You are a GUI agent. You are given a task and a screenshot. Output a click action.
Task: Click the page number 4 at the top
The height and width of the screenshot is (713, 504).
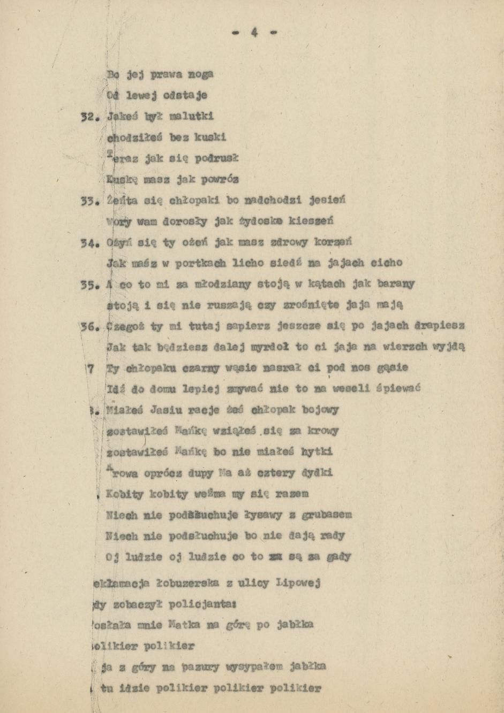point(254,33)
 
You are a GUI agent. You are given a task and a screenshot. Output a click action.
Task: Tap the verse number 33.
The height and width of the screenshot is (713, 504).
point(87,201)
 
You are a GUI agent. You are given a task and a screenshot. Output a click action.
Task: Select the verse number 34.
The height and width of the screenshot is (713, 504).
point(87,242)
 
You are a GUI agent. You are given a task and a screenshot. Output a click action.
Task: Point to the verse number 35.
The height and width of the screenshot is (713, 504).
point(87,284)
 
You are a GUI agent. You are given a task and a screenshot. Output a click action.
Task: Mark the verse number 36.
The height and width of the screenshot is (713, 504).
point(87,326)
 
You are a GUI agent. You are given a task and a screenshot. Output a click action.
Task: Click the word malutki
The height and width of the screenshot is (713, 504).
point(191,116)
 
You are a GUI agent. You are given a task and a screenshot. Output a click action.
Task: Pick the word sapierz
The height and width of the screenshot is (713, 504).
point(232,326)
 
